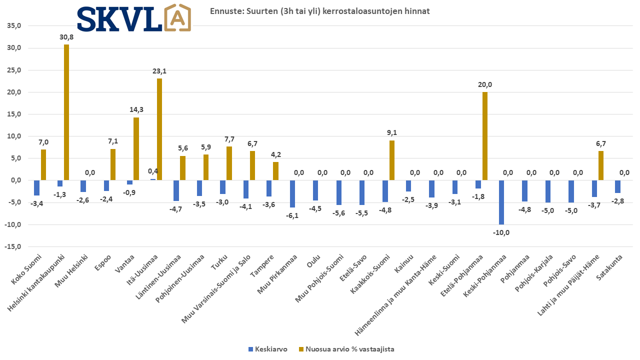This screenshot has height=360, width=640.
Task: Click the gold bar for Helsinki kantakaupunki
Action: point(66,112)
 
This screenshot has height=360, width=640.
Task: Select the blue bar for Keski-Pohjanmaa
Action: point(501,202)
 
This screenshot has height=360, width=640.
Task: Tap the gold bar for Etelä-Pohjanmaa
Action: point(484,136)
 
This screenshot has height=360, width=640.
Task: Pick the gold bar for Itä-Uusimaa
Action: point(159,129)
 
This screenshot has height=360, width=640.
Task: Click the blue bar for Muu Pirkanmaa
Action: point(292,193)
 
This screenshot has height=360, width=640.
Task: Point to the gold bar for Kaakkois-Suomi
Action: point(392,160)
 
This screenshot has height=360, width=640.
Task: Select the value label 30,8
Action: point(66,37)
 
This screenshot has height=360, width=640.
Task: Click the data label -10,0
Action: point(501,232)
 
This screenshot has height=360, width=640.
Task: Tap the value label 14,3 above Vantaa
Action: point(136,109)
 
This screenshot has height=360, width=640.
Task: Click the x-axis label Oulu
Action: point(314,261)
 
